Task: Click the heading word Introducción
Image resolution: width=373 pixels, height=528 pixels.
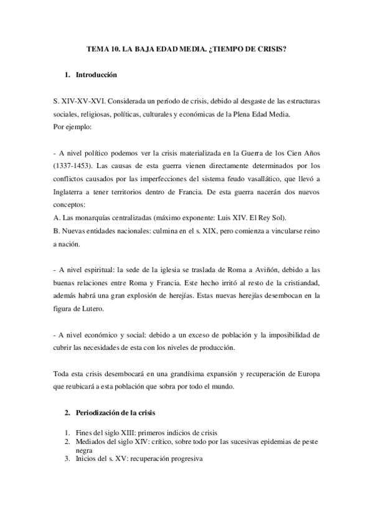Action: [x=95, y=75]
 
